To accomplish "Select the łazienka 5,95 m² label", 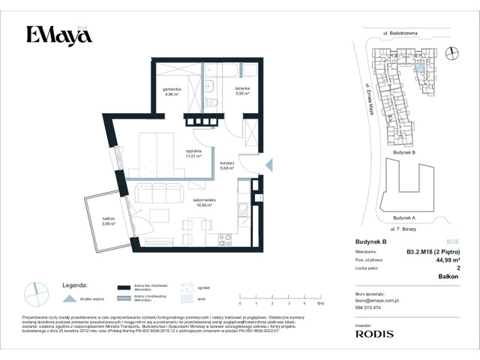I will coord(241,93).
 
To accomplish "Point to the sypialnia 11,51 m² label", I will coord(195,153).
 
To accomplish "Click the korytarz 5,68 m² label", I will coord(228,166).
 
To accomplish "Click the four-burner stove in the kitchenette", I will coord(224,240).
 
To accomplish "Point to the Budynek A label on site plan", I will coord(403,217).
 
